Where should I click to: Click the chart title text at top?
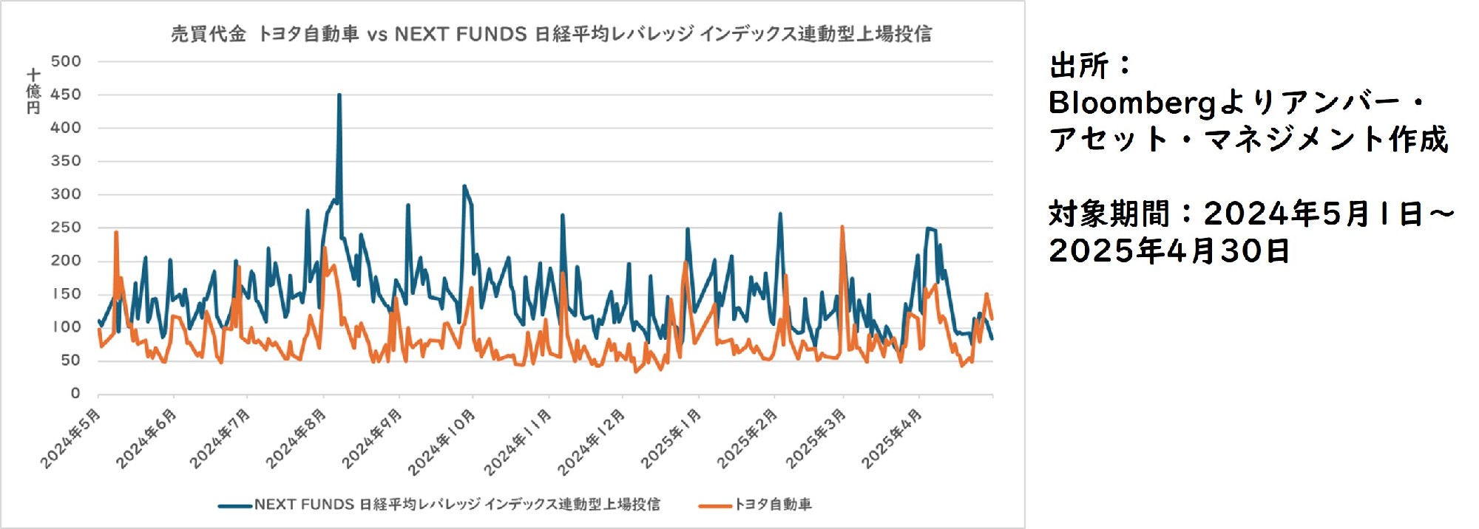pyautogui.click(x=551, y=34)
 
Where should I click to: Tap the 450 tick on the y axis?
pyautogui.click(x=66, y=95)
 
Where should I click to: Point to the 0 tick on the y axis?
pyautogui.click(x=75, y=394)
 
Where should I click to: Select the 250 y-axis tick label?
pyautogui.click(x=66, y=228)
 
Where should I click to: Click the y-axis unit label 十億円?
pyautogui.click(x=33, y=92)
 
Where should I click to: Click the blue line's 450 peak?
pyautogui.click(x=339, y=95)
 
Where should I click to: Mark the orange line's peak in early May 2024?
pyautogui.click(x=116, y=233)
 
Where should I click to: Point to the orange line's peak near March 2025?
pyautogui.click(x=842, y=228)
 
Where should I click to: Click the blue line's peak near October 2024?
pyautogui.click(x=464, y=186)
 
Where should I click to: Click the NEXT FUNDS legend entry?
pyautogui.click(x=456, y=505)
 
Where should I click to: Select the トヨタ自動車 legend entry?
pyautogui.click(x=772, y=505)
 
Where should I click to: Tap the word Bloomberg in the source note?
pyautogui.click(x=1131, y=103)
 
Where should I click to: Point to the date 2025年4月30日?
pyautogui.click(x=1169, y=251)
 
